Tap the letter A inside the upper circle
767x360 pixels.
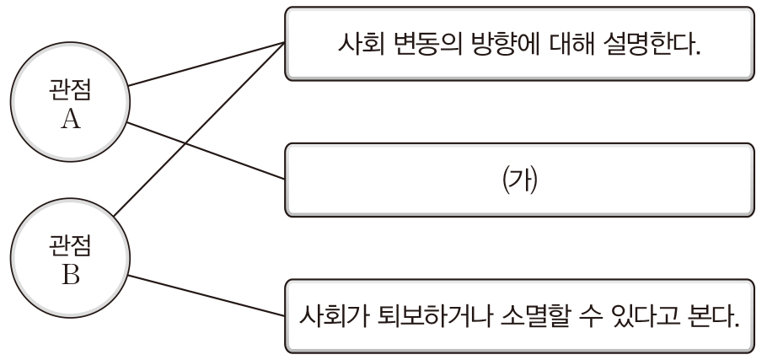(71, 120)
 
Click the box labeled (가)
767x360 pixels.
(518, 180)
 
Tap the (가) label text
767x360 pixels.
(518, 180)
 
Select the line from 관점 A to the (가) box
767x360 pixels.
(206, 151)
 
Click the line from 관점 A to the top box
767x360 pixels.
(206, 63)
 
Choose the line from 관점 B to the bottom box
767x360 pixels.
(206, 295)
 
